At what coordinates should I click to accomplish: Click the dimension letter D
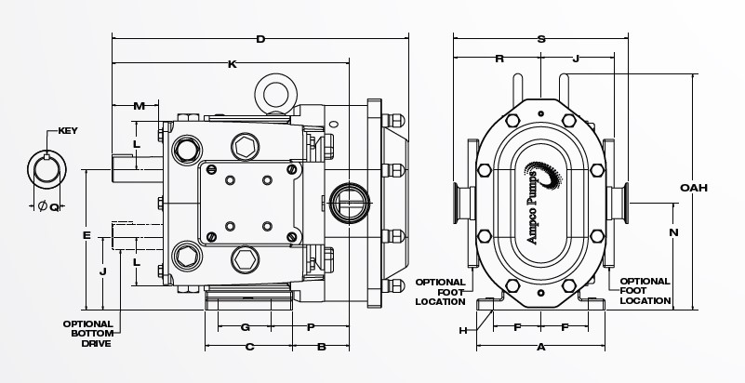(x=260, y=39)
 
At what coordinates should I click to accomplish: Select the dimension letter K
(x=232, y=64)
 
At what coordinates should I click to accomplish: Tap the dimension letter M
(x=139, y=105)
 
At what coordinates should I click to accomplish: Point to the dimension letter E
(x=86, y=235)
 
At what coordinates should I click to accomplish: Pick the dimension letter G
(x=246, y=327)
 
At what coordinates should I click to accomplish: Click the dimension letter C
(x=249, y=347)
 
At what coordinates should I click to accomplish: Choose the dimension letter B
(x=321, y=347)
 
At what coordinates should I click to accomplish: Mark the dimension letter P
(x=311, y=327)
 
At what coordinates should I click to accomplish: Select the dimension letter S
(x=541, y=39)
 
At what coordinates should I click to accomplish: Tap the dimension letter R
(x=499, y=59)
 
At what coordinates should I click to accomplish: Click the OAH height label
(x=694, y=188)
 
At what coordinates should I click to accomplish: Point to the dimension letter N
(x=673, y=231)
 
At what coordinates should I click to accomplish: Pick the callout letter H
(x=461, y=330)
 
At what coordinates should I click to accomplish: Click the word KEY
(x=68, y=130)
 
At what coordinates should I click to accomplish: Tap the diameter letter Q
(x=54, y=206)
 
